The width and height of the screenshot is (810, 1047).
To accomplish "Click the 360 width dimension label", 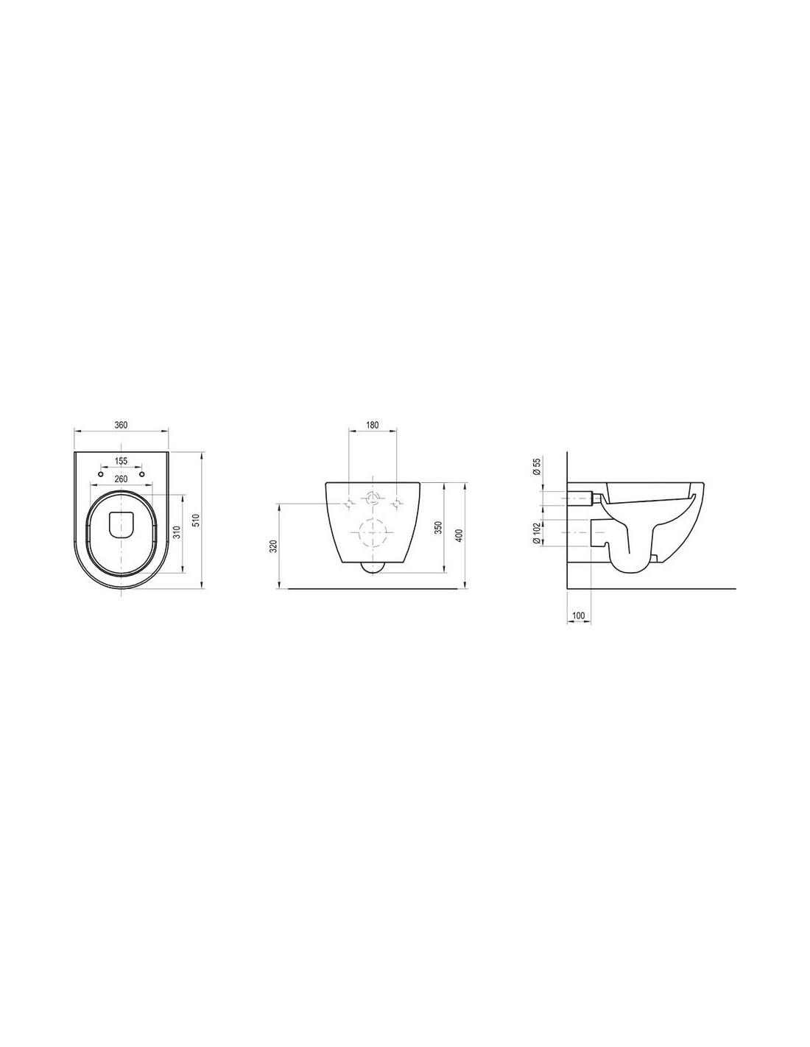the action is click(121, 425).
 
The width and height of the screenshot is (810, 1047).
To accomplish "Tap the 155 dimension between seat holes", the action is click(121, 461).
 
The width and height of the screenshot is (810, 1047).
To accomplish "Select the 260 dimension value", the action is click(121, 479).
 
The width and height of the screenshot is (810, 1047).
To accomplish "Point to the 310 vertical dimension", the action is click(177, 532).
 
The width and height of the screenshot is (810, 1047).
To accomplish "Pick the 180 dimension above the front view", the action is click(373, 425).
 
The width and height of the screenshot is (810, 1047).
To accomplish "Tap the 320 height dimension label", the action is click(273, 546).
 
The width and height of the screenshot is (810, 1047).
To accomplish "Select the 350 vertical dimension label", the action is click(437, 528).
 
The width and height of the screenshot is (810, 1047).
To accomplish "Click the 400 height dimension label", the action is click(459, 535).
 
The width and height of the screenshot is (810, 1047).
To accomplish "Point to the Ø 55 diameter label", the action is click(537, 466).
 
